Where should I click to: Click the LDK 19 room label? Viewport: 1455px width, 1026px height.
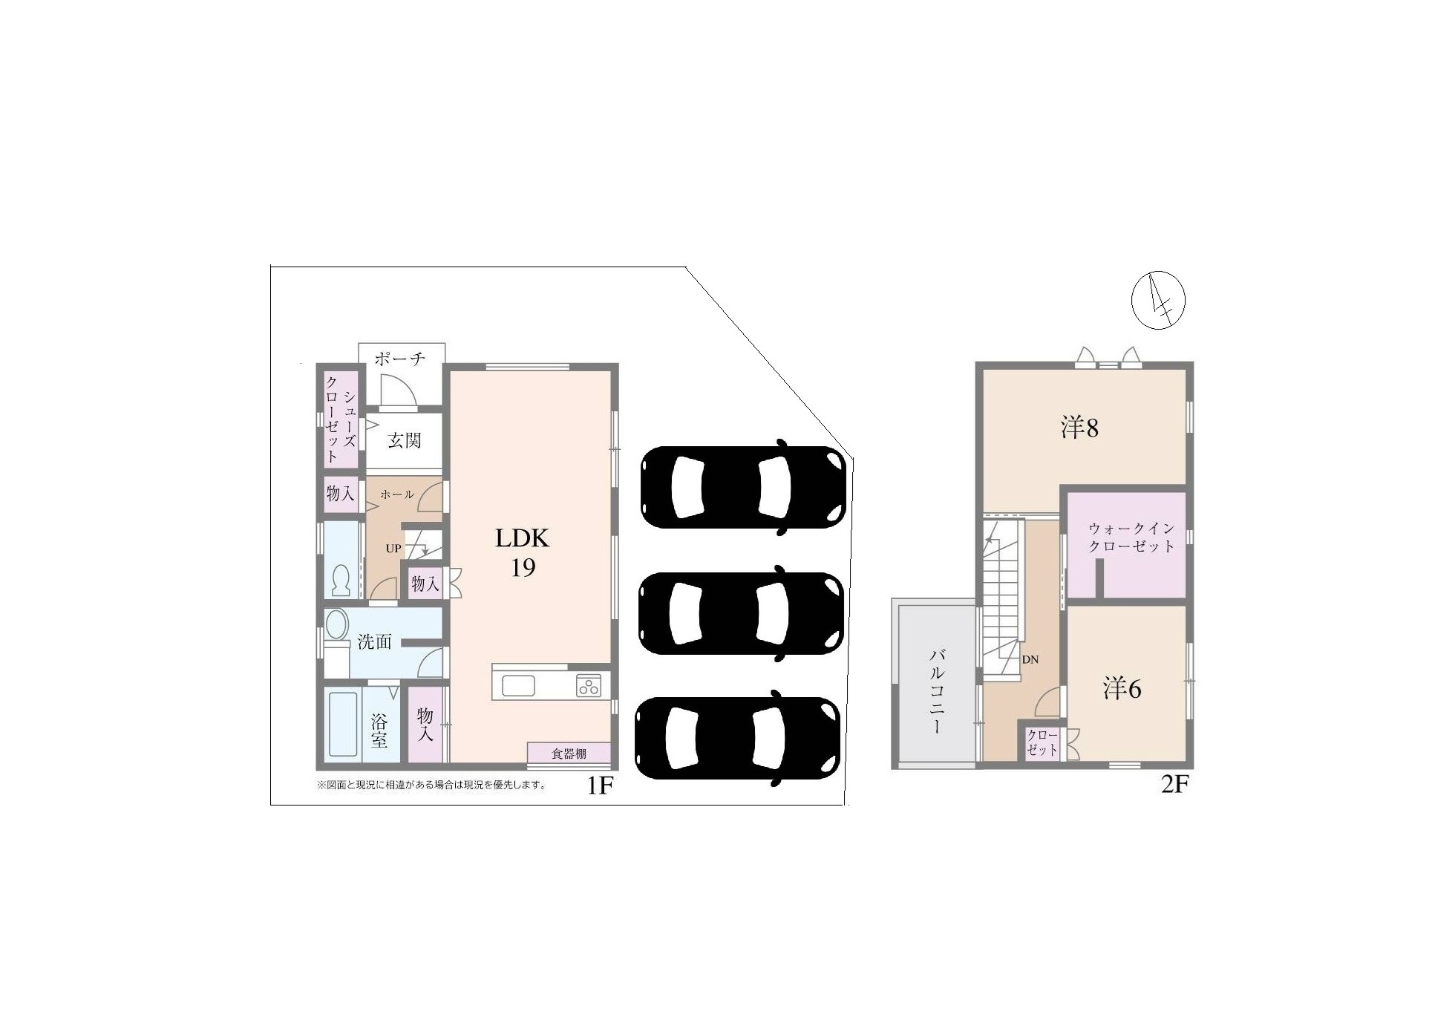(x=523, y=552)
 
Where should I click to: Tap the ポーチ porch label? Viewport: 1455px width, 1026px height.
(x=399, y=359)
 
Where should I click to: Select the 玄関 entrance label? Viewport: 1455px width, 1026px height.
(x=405, y=441)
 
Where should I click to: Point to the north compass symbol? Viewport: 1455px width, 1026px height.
(x=1157, y=301)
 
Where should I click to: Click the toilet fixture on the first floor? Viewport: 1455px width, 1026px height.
(x=341, y=581)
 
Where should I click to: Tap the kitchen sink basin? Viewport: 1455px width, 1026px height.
(x=518, y=685)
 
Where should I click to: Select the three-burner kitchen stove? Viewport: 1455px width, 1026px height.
(x=589, y=685)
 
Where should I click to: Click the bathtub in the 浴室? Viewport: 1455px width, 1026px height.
(x=343, y=724)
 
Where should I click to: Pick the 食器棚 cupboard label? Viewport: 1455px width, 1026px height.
(x=569, y=754)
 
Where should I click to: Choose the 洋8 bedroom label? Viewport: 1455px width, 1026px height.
(x=1079, y=428)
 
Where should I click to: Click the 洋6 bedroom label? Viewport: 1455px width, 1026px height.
(x=1122, y=690)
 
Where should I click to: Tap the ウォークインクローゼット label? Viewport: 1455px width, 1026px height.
(x=1131, y=537)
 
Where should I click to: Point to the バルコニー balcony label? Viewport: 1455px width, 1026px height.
(x=937, y=690)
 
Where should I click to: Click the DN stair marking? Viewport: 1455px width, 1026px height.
(x=1030, y=659)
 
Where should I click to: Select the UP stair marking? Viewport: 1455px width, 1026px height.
(x=393, y=549)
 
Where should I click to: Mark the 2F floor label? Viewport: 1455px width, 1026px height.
(x=1174, y=784)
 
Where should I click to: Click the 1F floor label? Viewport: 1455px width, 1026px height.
(x=599, y=785)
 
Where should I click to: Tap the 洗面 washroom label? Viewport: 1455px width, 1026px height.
(x=374, y=642)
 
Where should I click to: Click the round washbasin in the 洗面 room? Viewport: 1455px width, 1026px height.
(x=336, y=624)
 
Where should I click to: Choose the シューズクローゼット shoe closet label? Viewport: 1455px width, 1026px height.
(x=341, y=419)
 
